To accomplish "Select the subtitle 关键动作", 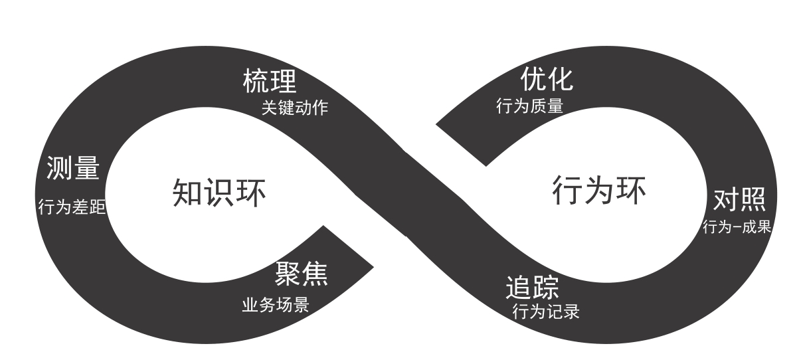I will [x=294, y=108].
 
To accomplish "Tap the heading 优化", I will [x=545, y=80].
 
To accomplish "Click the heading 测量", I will [x=73, y=169].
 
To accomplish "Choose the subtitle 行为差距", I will [x=72, y=207].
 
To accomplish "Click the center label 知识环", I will [x=219, y=193].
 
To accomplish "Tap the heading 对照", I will [x=739, y=199].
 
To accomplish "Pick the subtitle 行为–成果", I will [x=737, y=227].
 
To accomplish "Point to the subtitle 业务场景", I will [x=275, y=304].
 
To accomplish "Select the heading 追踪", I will [x=532, y=288].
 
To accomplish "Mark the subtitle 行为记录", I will [x=546, y=312].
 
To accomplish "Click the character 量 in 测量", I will [x=86, y=169].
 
